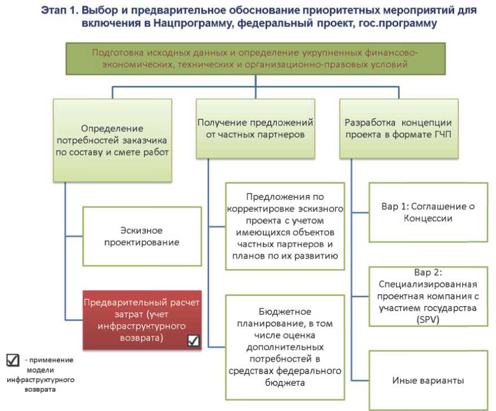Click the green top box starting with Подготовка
[x=256, y=59]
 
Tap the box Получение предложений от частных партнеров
[x=256, y=128]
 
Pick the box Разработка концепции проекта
[x=399, y=128]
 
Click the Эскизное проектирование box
[x=141, y=236]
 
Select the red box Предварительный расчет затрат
[x=141, y=317]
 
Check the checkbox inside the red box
[x=193, y=340]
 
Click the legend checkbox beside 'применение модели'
[x=12, y=360]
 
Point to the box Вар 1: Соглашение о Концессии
[x=428, y=212]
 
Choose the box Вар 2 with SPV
[x=428, y=296]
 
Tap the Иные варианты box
[x=428, y=381]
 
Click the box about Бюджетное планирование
[x=285, y=347]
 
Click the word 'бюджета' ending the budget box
[x=285, y=383]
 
